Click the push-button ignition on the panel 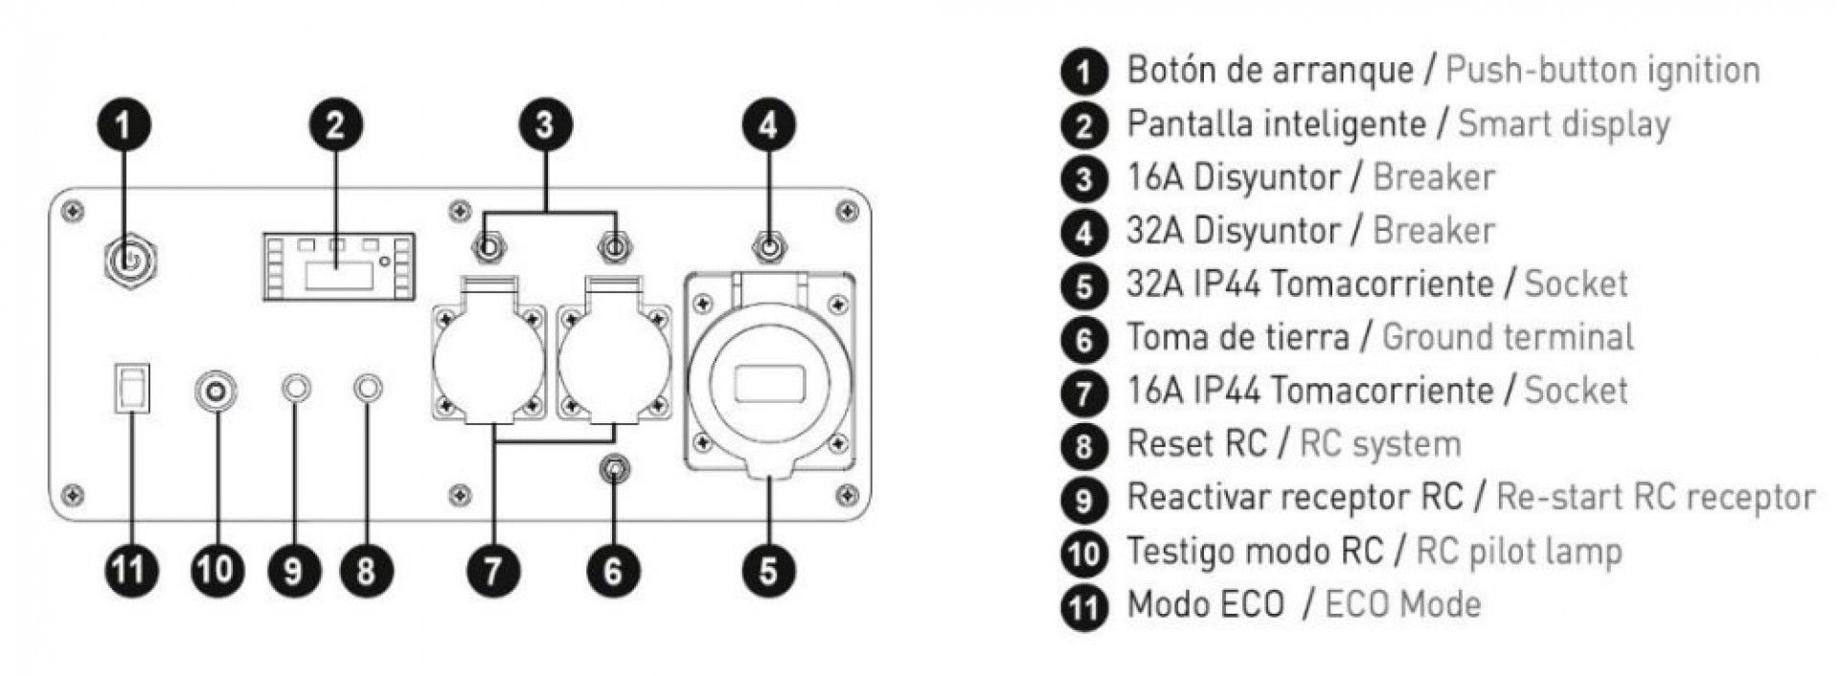pyautogui.click(x=129, y=259)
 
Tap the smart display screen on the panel pyautogui.click(x=337, y=265)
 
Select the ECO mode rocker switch pyautogui.click(x=129, y=388)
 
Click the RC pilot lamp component pyautogui.click(x=216, y=391)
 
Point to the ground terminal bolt pyautogui.click(x=613, y=469)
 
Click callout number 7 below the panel pyautogui.click(x=492, y=571)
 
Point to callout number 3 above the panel pyautogui.click(x=546, y=125)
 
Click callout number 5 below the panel pyautogui.click(x=768, y=571)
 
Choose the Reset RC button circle pyautogui.click(x=368, y=389)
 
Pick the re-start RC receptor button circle pyautogui.click(x=296, y=389)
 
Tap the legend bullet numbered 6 pyautogui.click(x=1084, y=339)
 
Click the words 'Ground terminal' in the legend pyautogui.click(x=1508, y=337)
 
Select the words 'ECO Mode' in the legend pyautogui.click(x=1402, y=604)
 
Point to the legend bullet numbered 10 pyautogui.click(x=1084, y=552)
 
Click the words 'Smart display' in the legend pyautogui.click(x=1563, y=124)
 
